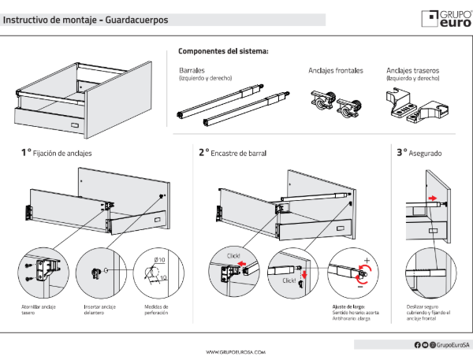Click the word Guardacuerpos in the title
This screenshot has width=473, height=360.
[135, 20]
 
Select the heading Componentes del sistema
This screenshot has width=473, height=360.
[223, 51]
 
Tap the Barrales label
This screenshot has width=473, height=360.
[192, 70]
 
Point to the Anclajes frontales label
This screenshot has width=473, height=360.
[336, 70]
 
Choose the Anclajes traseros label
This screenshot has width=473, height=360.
[412, 70]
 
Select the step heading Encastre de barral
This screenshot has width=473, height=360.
[242, 152]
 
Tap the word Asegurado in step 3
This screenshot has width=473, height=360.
[426, 152]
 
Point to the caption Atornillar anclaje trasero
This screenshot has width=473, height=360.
[39, 310]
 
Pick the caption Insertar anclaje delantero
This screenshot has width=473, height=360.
[99, 310]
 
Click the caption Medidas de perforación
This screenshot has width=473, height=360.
[157, 310]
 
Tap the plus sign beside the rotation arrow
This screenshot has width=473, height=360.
[367, 258]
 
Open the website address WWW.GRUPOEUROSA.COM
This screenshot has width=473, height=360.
[236, 352]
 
